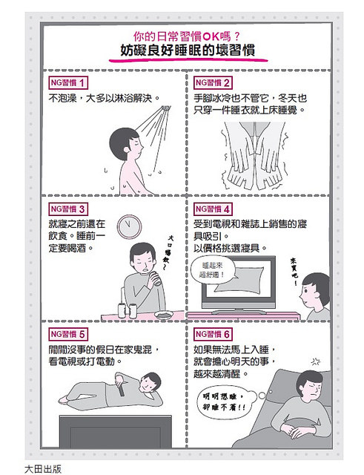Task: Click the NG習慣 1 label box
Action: [x=68, y=82]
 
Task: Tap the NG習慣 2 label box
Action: [x=213, y=82]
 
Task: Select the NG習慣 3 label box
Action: [x=68, y=209]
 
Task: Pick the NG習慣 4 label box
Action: [x=213, y=209]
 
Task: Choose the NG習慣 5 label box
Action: [x=68, y=335]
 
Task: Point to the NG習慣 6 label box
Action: [x=213, y=335]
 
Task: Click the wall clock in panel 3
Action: [x=129, y=226]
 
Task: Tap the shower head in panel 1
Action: [x=166, y=108]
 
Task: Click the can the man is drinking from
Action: [x=156, y=278]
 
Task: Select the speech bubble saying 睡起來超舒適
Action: [x=212, y=270]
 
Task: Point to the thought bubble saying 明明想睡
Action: [x=225, y=401]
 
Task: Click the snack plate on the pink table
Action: [x=164, y=315]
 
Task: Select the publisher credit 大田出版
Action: [x=43, y=469]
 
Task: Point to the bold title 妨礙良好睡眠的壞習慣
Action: [x=188, y=50]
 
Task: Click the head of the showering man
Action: [x=125, y=144]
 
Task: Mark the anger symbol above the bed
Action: [x=316, y=361]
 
